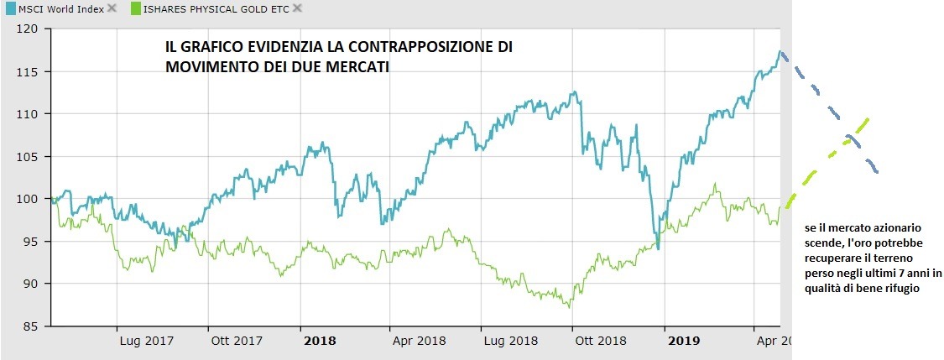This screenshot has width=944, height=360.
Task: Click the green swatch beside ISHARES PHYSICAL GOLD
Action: pyautogui.click(x=135, y=8)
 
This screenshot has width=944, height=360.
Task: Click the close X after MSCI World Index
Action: pyautogui.click(x=112, y=8)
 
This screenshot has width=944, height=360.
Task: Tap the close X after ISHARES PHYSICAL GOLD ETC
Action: pyautogui.click(x=296, y=8)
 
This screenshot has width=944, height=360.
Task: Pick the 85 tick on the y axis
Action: pyautogui.click(x=32, y=326)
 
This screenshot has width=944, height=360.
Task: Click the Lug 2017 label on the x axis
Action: pyautogui.click(x=140, y=341)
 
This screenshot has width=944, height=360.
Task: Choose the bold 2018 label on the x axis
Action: pyautogui.click(x=319, y=341)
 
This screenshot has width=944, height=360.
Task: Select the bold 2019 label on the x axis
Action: pyautogui.click(x=683, y=341)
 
